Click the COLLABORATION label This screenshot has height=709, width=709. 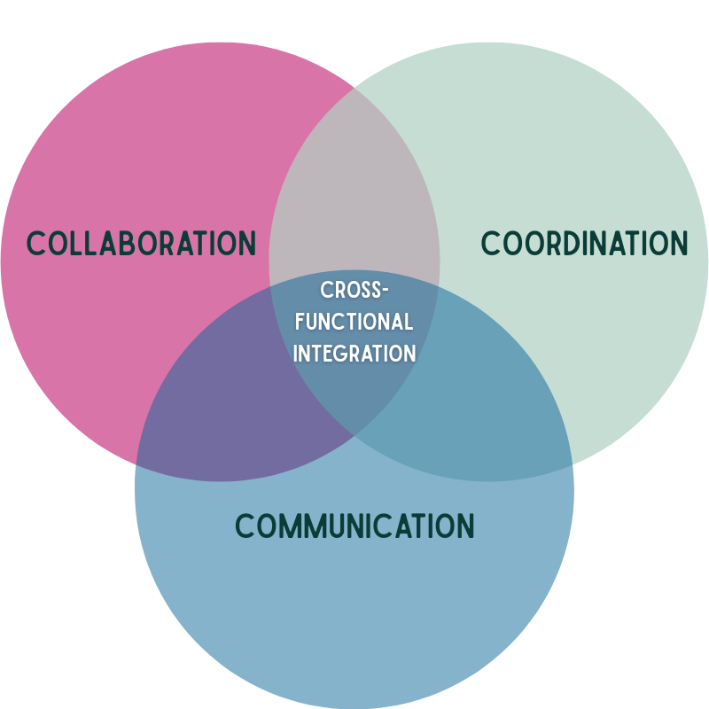(x=141, y=243)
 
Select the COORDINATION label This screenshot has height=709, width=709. (x=584, y=243)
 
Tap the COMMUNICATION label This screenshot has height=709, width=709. (x=354, y=526)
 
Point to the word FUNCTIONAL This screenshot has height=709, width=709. (x=354, y=322)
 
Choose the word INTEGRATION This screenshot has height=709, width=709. (x=354, y=354)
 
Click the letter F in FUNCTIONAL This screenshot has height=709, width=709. (x=300, y=322)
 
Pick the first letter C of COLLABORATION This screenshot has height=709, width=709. (x=36, y=243)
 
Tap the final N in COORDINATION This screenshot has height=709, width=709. (x=679, y=243)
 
